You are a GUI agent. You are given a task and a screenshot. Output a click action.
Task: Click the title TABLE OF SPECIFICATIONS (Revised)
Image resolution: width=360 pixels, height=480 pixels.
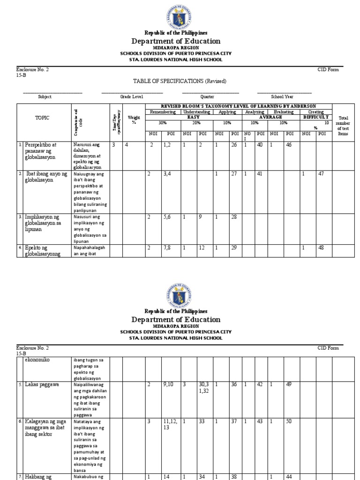(180, 81)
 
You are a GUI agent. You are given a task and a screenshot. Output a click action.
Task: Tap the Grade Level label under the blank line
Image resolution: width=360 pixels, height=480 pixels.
(131, 97)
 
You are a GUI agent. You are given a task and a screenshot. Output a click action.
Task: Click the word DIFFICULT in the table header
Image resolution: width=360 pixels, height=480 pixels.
(316, 117)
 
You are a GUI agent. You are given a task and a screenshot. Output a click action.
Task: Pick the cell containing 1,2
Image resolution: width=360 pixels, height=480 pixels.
(168, 145)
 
